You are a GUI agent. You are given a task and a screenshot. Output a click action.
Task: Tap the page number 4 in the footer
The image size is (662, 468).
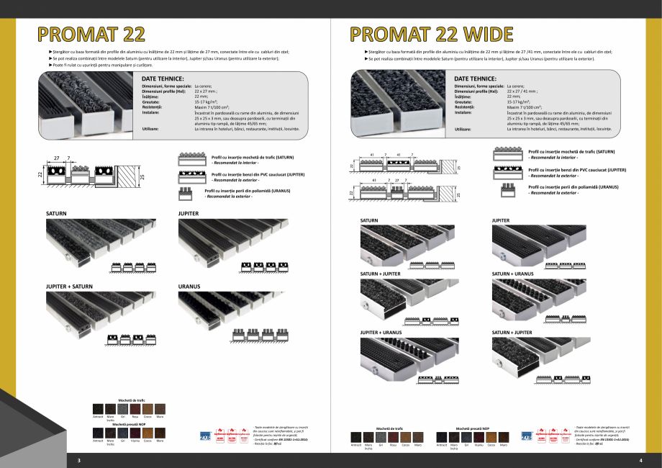pyautogui.click(x=640, y=460)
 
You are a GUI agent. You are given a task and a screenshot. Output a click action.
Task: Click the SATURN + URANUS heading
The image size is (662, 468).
pyautogui.click(x=512, y=274)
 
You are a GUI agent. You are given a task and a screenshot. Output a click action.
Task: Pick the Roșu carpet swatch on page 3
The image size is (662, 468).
pyautogui.click(x=135, y=408)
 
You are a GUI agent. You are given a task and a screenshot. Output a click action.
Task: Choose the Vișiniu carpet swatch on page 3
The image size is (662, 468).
pyautogui.click(x=135, y=433)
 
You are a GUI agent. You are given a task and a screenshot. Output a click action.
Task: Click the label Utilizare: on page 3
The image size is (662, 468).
pyautogui.click(x=150, y=128)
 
